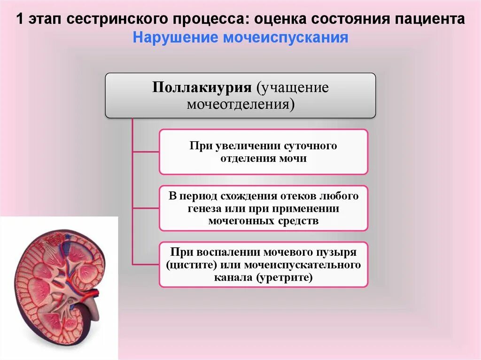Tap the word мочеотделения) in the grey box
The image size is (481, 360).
(x=240, y=103)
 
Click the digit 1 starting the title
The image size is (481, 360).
(x=20, y=20)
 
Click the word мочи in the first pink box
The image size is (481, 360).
(x=295, y=158)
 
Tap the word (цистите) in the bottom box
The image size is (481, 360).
(x=191, y=265)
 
